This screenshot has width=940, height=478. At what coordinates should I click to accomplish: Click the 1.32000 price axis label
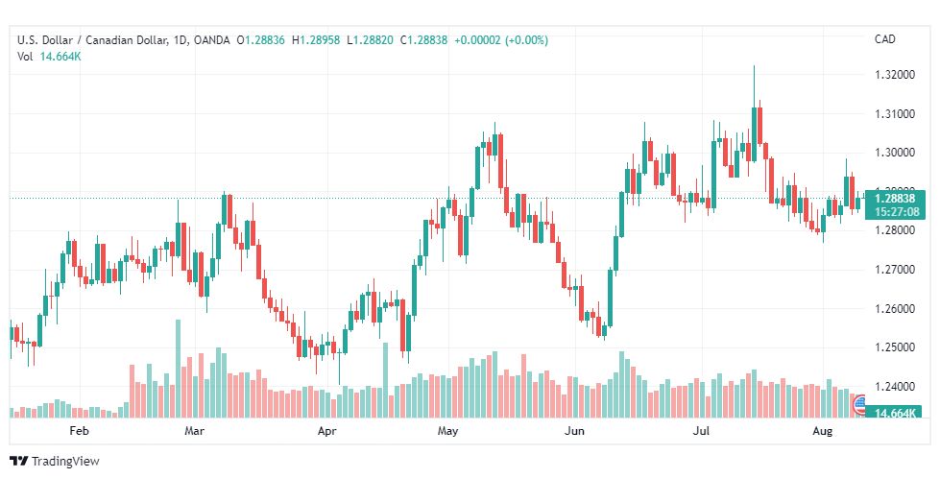(895, 75)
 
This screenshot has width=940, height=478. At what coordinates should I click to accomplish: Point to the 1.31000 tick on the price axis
(895, 114)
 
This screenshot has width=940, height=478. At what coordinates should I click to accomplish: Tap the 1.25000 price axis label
(895, 347)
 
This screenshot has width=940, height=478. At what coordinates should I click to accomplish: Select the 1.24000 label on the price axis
(895, 387)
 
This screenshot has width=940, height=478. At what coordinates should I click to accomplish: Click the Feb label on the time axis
(79, 431)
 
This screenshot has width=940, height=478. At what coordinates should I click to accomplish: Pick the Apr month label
(326, 431)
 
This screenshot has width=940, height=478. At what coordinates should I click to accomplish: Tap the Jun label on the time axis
(575, 431)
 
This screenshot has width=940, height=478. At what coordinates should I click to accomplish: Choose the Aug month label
(823, 431)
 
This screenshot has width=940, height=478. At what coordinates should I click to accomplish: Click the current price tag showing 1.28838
(895, 199)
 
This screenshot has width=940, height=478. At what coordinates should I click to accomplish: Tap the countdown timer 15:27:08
(895, 211)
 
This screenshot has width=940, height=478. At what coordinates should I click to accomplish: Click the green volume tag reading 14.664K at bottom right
(895, 413)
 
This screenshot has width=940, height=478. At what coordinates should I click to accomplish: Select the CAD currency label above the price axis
(885, 39)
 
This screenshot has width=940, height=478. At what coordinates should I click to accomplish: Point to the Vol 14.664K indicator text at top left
(49, 57)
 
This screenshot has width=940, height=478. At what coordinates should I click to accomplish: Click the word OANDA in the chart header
(212, 40)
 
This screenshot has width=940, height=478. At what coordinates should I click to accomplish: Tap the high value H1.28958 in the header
(316, 40)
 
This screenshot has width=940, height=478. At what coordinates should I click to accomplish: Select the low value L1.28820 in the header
(370, 40)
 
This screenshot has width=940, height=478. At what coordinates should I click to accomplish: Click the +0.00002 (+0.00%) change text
(501, 40)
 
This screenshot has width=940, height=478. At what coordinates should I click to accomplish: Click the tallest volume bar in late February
(178, 369)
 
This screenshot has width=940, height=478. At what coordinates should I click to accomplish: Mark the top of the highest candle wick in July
(754, 65)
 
